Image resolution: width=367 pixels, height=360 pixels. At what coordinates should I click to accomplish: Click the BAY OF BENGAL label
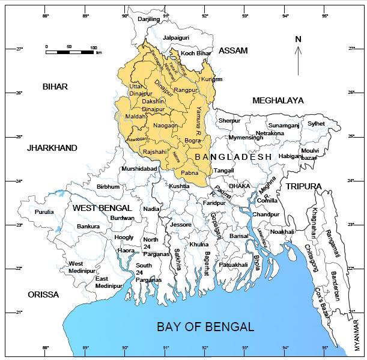click(205, 327)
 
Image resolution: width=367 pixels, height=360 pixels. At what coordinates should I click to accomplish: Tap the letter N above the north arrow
click(297, 40)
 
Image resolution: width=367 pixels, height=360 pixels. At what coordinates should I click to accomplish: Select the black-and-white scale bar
click(70, 52)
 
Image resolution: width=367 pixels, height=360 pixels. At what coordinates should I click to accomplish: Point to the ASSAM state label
click(233, 50)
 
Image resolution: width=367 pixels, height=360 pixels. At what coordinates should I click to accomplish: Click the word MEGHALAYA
click(278, 100)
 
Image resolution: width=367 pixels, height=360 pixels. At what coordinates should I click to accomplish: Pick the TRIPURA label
click(304, 186)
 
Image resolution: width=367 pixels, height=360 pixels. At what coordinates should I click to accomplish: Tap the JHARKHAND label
click(52, 147)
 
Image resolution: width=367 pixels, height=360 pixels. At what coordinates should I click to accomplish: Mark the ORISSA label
click(43, 294)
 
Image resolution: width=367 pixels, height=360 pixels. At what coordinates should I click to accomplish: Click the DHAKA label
click(239, 186)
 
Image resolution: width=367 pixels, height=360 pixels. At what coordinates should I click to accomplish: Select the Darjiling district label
click(148, 19)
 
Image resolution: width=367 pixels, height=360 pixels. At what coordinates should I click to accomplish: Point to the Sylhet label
click(316, 123)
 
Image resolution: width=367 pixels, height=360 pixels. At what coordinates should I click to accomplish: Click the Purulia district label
click(44, 212)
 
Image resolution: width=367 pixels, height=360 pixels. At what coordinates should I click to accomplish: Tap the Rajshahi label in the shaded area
click(155, 151)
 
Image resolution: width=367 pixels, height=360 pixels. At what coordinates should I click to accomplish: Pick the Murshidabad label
click(139, 169)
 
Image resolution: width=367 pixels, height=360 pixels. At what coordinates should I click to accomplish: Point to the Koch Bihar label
click(196, 53)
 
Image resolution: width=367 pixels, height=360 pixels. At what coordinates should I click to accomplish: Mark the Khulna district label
click(199, 245)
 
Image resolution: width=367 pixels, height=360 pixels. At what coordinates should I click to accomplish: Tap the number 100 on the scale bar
click(93, 46)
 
